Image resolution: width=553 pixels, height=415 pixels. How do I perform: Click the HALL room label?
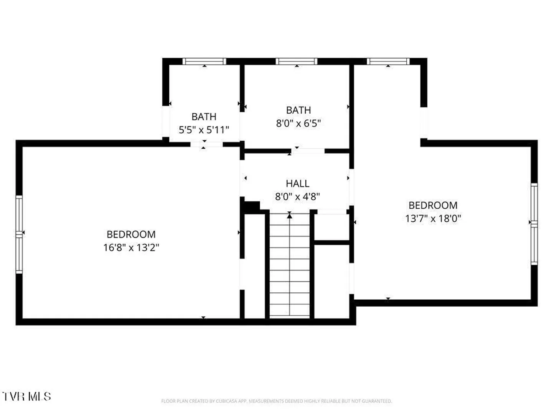pyautogui.click(x=297, y=183)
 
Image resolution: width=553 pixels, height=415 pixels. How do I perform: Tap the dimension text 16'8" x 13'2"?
pyautogui.click(x=131, y=247)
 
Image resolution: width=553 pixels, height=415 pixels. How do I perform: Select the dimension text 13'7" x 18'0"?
pyautogui.click(x=433, y=218)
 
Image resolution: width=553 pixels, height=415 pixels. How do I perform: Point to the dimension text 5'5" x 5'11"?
pyautogui.click(x=204, y=130)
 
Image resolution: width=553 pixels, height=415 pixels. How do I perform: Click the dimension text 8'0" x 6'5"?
pyautogui.click(x=298, y=123)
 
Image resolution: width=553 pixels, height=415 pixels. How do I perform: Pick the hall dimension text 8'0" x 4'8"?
pyautogui.click(x=297, y=196)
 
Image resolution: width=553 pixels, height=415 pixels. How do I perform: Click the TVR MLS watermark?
pyautogui.click(x=26, y=396)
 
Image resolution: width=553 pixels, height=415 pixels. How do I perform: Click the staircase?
pyautogui.click(x=290, y=265)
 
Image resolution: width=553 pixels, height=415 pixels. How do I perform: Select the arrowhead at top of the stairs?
pyautogui.click(x=290, y=216)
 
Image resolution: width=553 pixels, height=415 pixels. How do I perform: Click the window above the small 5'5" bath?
pyautogui.click(x=204, y=61)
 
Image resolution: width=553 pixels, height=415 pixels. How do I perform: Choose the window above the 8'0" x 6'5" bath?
pyautogui.click(x=296, y=61)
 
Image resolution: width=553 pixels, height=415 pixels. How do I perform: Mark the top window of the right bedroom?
pyautogui.click(x=388, y=61)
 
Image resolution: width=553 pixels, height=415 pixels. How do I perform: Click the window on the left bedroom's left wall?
pyautogui.click(x=19, y=234)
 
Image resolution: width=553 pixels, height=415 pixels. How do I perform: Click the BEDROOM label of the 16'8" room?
pyautogui.click(x=131, y=234)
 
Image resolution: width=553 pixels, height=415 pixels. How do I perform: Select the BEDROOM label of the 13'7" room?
pyautogui.click(x=433, y=205)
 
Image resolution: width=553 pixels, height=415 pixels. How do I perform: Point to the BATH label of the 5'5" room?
pyautogui.click(x=204, y=117)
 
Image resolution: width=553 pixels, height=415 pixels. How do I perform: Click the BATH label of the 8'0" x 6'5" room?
pyautogui.click(x=298, y=110)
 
